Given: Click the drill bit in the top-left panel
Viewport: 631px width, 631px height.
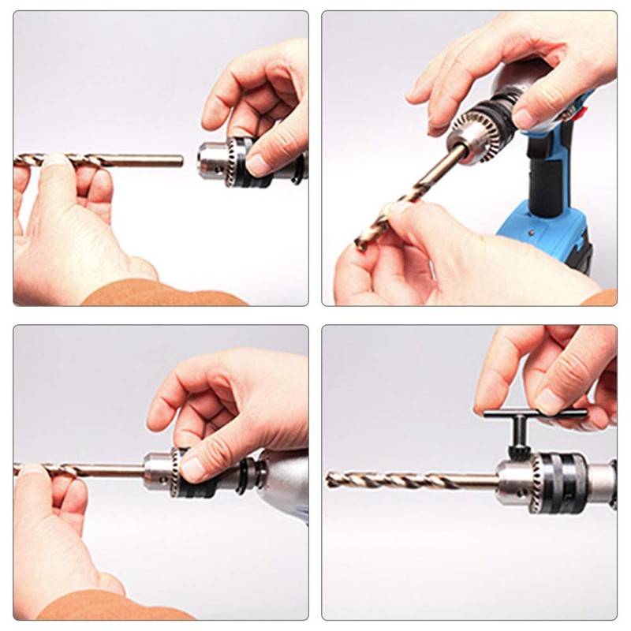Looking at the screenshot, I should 118,161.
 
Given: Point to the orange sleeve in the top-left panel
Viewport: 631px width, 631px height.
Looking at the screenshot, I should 158,296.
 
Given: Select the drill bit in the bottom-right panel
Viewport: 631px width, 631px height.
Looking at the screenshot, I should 410,479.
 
